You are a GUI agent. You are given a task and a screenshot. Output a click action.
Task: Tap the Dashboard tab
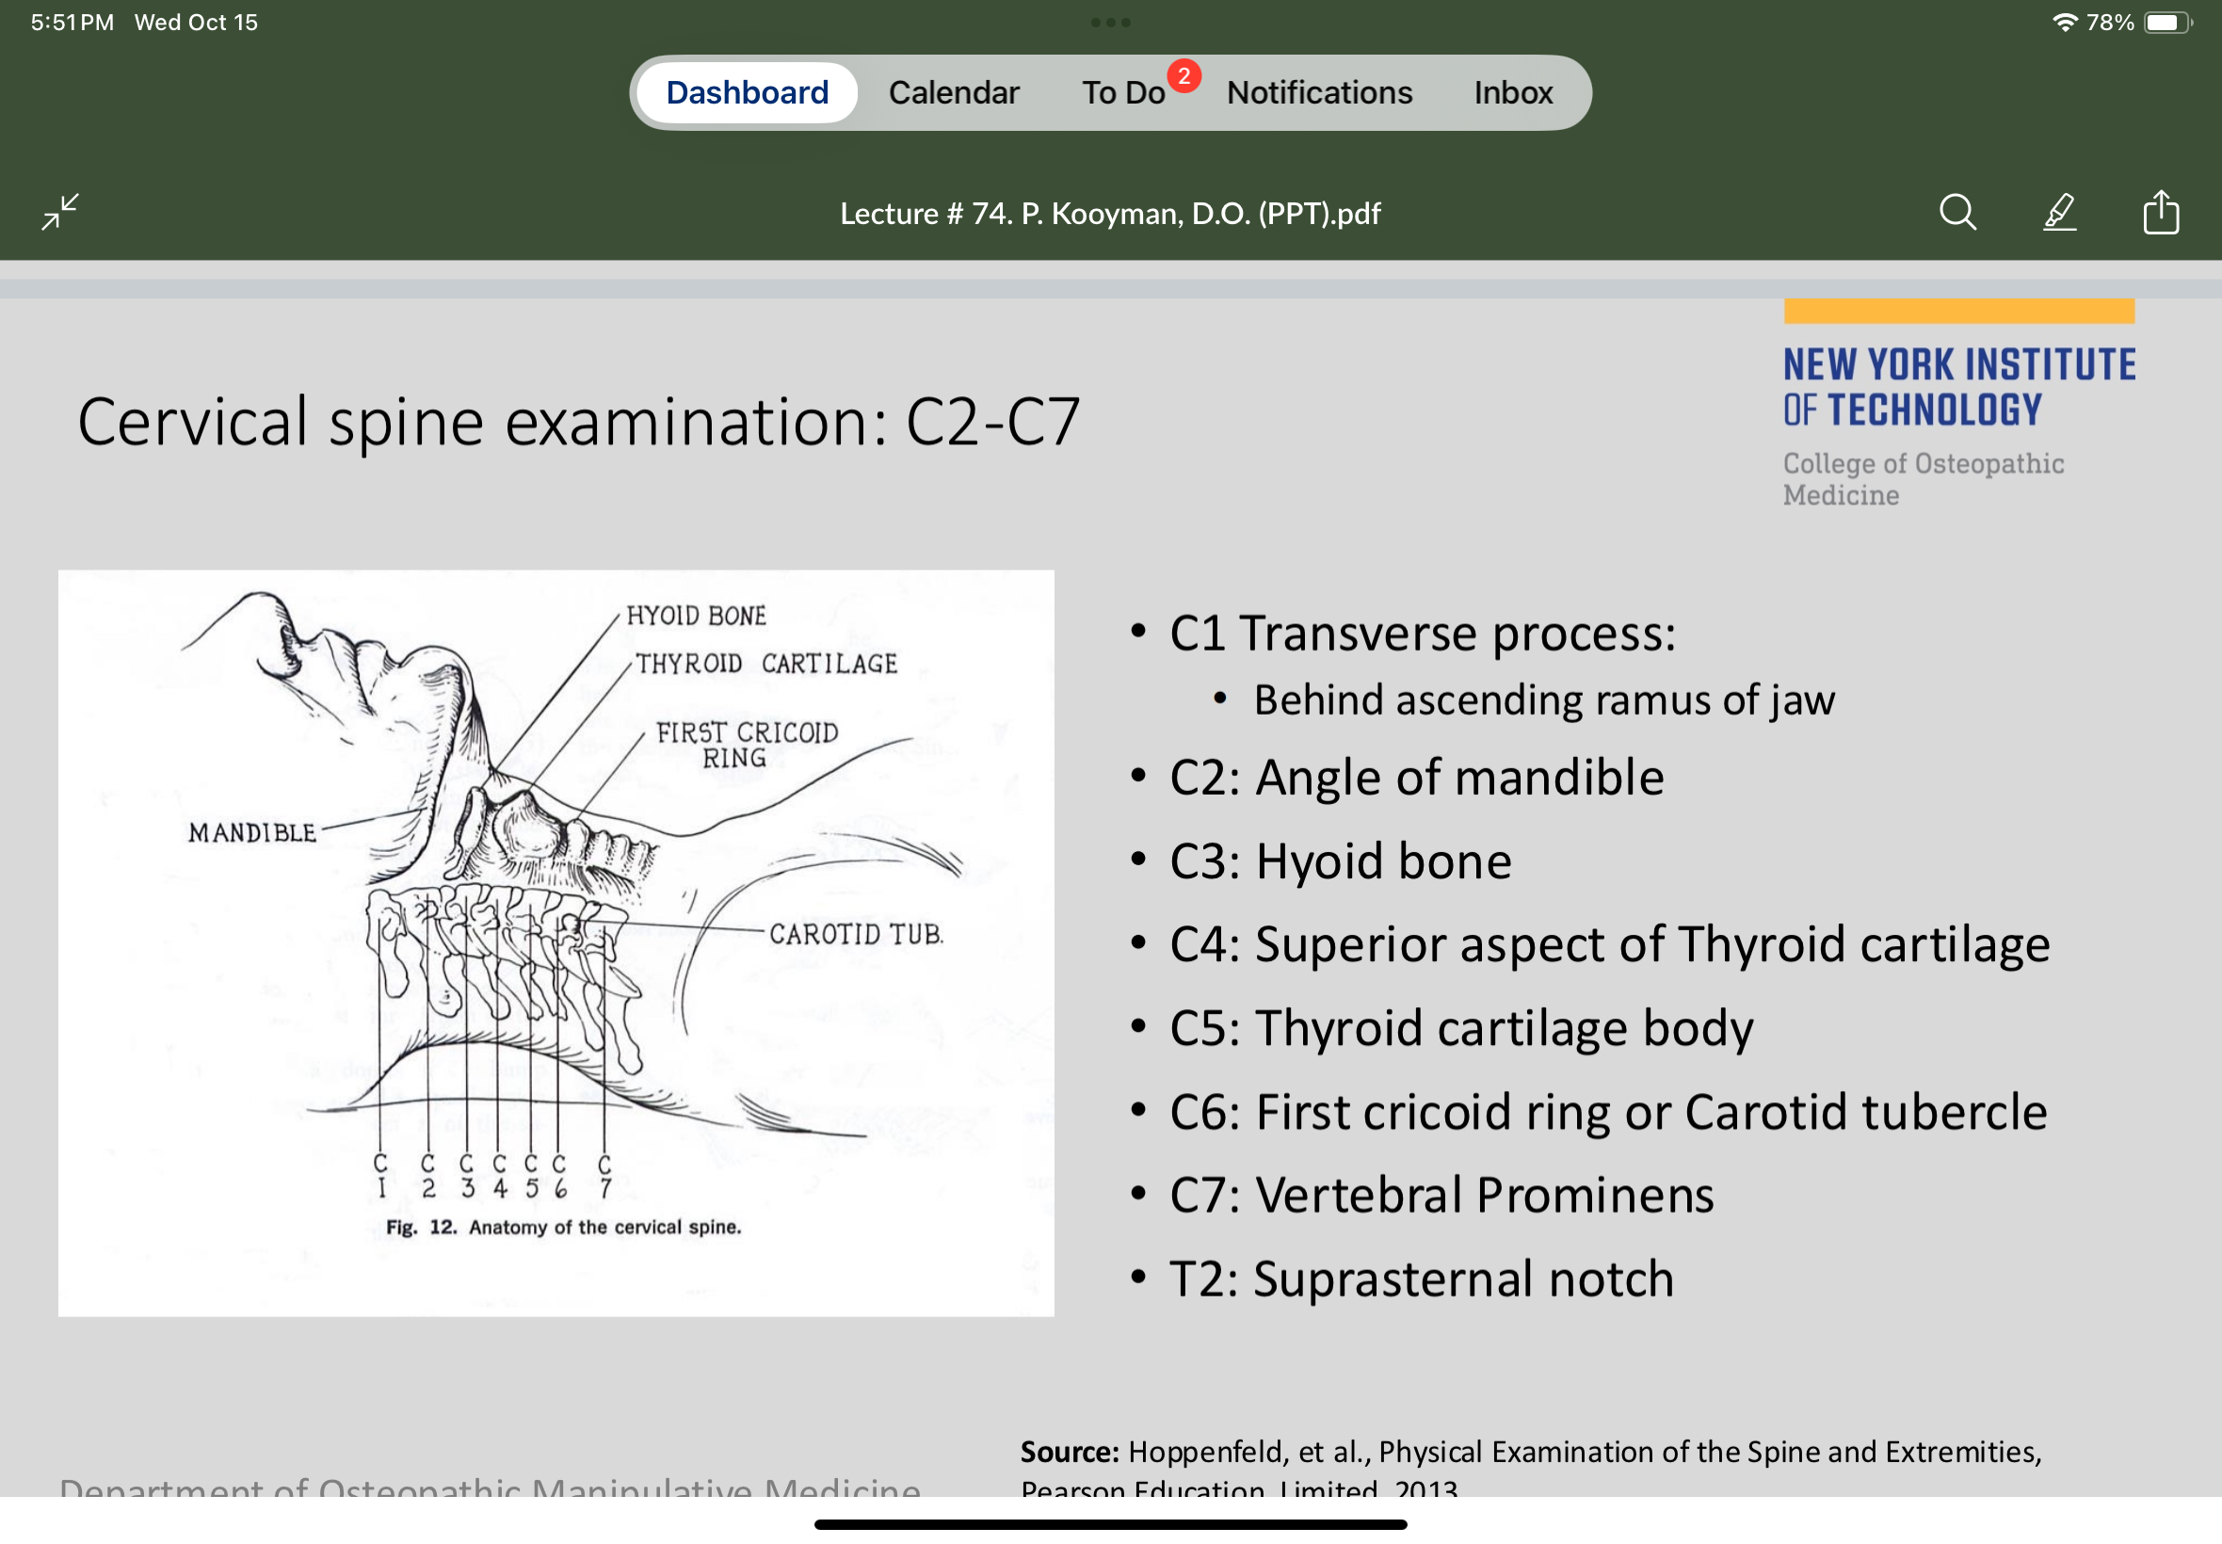tap(747, 93)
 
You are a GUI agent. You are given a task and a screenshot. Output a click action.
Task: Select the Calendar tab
tap(954, 93)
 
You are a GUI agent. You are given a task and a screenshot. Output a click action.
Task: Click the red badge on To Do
tap(1183, 75)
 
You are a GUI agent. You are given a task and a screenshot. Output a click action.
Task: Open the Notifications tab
tap(1318, 93)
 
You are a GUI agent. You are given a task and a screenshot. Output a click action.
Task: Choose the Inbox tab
tap(1513, 93)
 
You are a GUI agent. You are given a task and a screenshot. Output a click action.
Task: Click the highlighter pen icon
tap(2059, 212)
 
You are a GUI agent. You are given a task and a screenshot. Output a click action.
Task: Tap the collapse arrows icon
tap(60, 212)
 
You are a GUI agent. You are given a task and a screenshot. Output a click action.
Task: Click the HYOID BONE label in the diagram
tap(696, 617)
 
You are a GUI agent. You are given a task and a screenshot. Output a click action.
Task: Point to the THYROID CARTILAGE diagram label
tap(766, 664)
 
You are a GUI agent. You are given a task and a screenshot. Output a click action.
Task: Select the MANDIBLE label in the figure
tap(252, 833)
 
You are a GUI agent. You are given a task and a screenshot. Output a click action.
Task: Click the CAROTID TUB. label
tap(856, 935)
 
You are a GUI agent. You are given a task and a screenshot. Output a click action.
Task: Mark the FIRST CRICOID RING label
tap(746, 746)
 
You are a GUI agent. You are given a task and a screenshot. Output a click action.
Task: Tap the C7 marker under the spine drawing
tap(604, 1177)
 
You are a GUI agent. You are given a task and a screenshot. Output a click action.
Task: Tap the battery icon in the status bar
tap(2166, 23)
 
